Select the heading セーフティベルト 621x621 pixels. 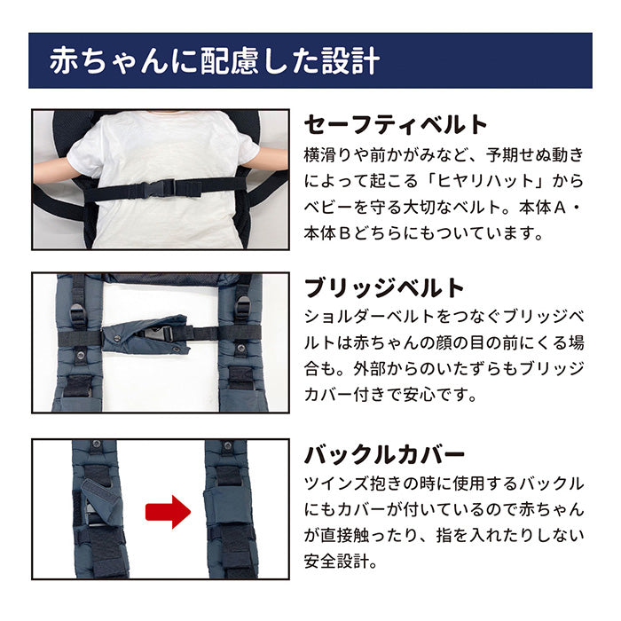pos(396,124)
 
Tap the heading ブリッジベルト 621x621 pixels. pos(384,288)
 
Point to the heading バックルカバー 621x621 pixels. pos(384,456)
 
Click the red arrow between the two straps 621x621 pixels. pos(168,512)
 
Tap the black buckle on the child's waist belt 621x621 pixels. pos(160,188)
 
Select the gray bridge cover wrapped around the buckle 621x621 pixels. pos(147,334)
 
